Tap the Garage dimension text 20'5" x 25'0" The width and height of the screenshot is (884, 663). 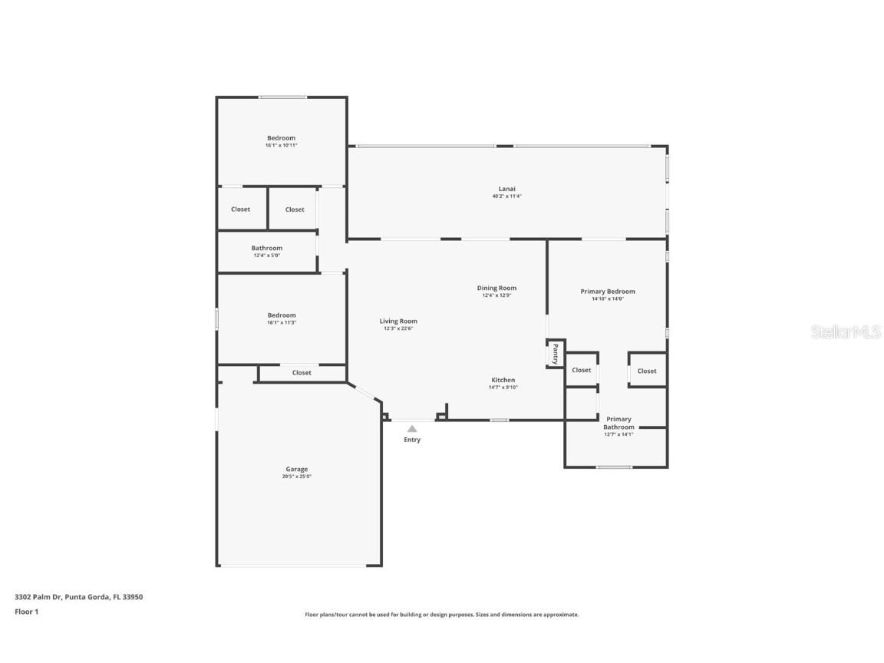pos(296,477)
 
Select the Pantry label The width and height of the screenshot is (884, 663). pos(555,354)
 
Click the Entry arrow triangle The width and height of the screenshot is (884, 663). pos(412,429)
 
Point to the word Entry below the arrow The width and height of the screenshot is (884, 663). pos(412,440)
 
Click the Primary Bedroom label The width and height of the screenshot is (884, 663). pos(607,292)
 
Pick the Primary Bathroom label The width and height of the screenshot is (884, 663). pos(618,423)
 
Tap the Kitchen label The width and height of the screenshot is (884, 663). pos(503,380)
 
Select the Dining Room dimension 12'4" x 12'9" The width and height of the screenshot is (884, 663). pos(496,295)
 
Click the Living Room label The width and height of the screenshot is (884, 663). pos(398,322)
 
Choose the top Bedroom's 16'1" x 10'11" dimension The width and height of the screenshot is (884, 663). pos(281,145)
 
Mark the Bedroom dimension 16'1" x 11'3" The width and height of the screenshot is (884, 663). pos(281,322)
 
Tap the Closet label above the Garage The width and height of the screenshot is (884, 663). pos(302,373)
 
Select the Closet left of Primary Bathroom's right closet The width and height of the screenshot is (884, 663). pos(582,370)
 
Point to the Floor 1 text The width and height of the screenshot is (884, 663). pos(26,612)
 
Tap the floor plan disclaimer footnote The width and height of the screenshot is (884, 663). pos(441,615)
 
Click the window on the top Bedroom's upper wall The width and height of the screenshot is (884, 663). pos(282,97)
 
